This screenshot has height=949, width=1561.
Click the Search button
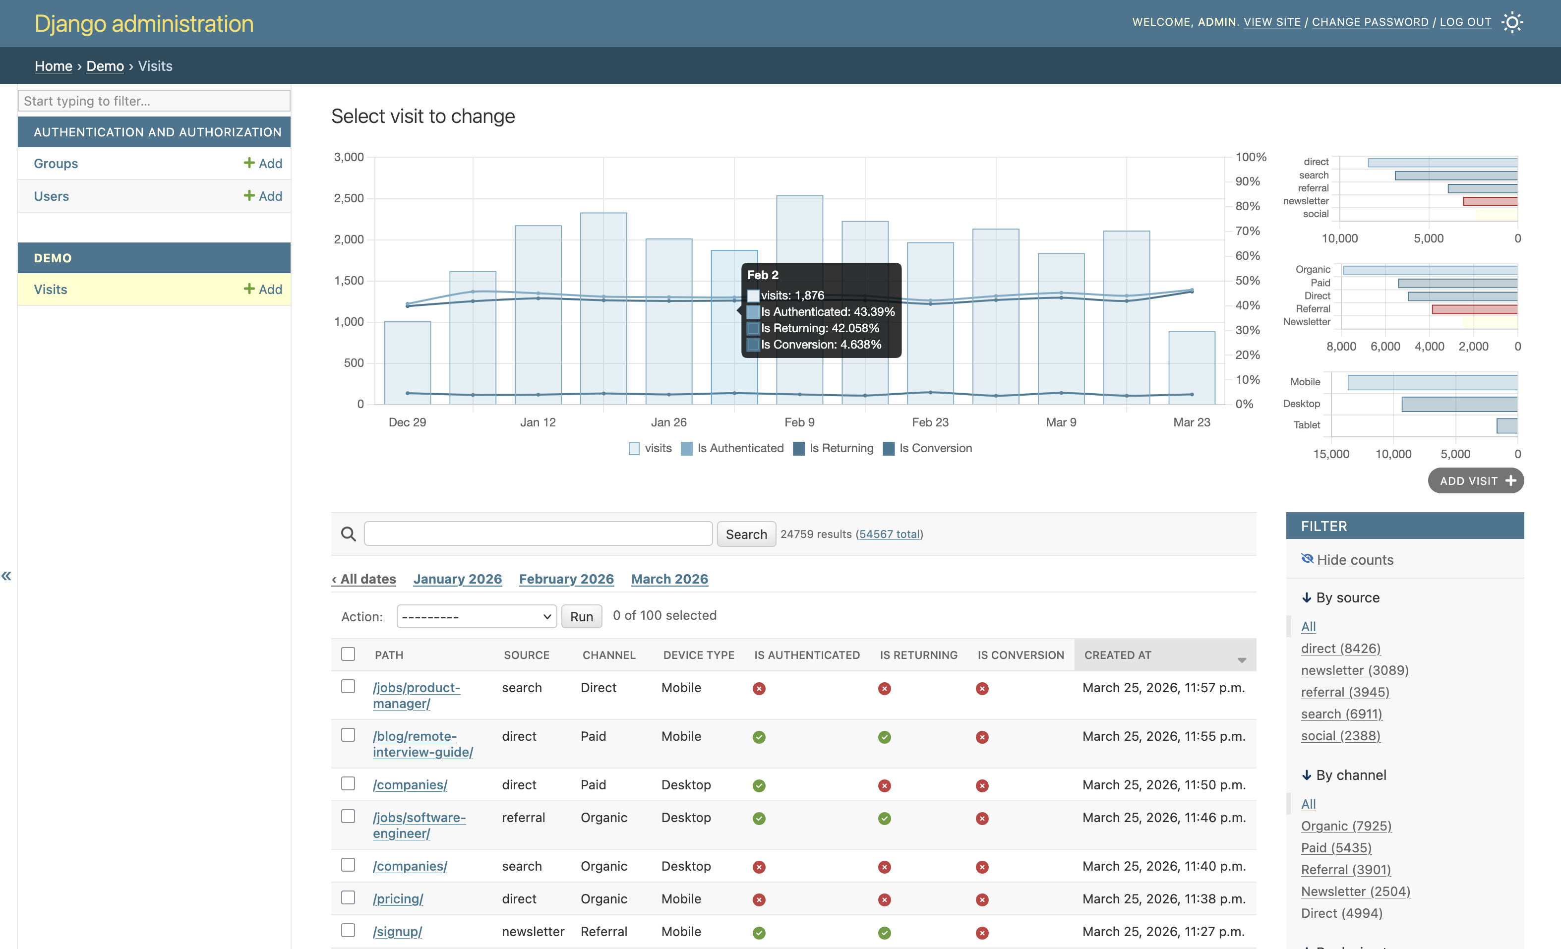tap(746, 534)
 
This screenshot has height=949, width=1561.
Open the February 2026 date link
tap(566, 579)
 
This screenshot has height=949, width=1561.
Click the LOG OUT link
tap(1465, 22)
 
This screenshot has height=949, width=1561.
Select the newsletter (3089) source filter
tap(1355, 670)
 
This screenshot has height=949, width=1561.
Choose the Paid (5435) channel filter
tap(1335, 848)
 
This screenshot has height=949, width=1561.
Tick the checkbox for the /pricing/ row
tap(348, 898)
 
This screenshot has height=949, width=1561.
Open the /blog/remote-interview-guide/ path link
tap(422, 744)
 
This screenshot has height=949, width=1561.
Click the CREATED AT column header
tap(1118, 655)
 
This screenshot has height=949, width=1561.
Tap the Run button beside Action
tap(581, 616)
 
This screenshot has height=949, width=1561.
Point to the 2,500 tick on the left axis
tap(349, 198)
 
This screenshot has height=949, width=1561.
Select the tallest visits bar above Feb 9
tap(799, 228)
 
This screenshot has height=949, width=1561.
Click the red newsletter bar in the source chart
tap(1490, 201)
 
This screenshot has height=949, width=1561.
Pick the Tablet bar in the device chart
tap(1506, 426)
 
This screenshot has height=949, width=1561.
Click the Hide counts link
tap(1355, 560)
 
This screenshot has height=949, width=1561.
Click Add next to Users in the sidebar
tap(263, 196)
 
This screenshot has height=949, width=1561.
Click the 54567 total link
tap(889, 534)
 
